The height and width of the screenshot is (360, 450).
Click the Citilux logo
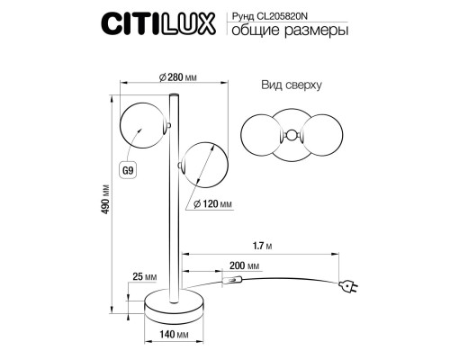click(158, 23)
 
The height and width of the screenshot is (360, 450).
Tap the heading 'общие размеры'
click(290, 31)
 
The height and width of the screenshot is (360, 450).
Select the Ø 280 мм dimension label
click(177, 77)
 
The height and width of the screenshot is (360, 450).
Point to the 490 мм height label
click(105, 200)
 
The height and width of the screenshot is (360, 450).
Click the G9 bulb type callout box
click(128, 170)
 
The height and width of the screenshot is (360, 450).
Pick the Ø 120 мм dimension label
click(212, 204)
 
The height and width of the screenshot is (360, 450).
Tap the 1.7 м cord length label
click(263, 246)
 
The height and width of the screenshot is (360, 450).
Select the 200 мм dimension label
click(244, 265)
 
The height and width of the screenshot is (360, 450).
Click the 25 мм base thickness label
click(145, 276)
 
